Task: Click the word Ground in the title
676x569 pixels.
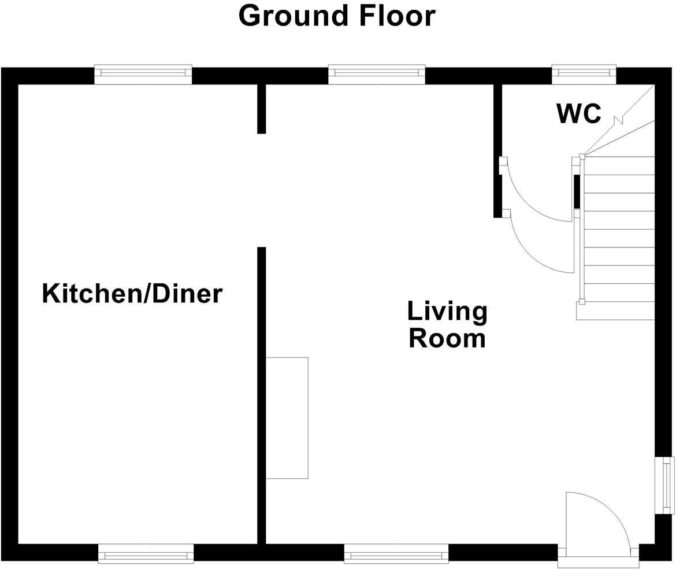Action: click(294, 16)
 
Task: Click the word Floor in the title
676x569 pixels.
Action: click(397, 16)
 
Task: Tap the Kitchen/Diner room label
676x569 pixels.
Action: click(132, 293)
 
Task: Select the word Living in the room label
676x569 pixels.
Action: click(447, 311)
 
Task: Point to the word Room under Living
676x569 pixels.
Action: click(447, 338)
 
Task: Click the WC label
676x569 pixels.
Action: click(578, 113)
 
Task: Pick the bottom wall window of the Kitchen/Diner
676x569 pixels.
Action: click(146, 554)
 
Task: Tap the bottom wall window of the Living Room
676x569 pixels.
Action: click(396, 554)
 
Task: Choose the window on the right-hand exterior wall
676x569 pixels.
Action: click(667, 485)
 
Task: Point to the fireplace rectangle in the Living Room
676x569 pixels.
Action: click(287, 417)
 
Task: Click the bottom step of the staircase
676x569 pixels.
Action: click(615, 311)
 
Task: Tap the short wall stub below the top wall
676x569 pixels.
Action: click(261, 109)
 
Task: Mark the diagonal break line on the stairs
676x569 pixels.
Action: click(619, 121)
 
